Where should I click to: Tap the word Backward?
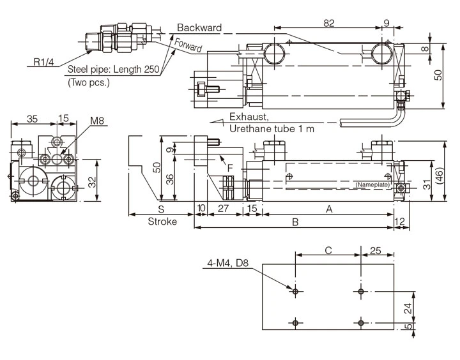coord(199,27)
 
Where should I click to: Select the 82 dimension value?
coord(328,22)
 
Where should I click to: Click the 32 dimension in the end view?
coord(93,183)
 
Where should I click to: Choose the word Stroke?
coord(162,221)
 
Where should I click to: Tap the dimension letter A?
coord(329,209)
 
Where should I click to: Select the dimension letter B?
coord(295,221)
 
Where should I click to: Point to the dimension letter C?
coord(328,251)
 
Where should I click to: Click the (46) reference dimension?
coord(440,176)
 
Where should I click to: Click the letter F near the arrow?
coord(230,167)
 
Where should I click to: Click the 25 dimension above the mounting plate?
coord(376,251)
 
